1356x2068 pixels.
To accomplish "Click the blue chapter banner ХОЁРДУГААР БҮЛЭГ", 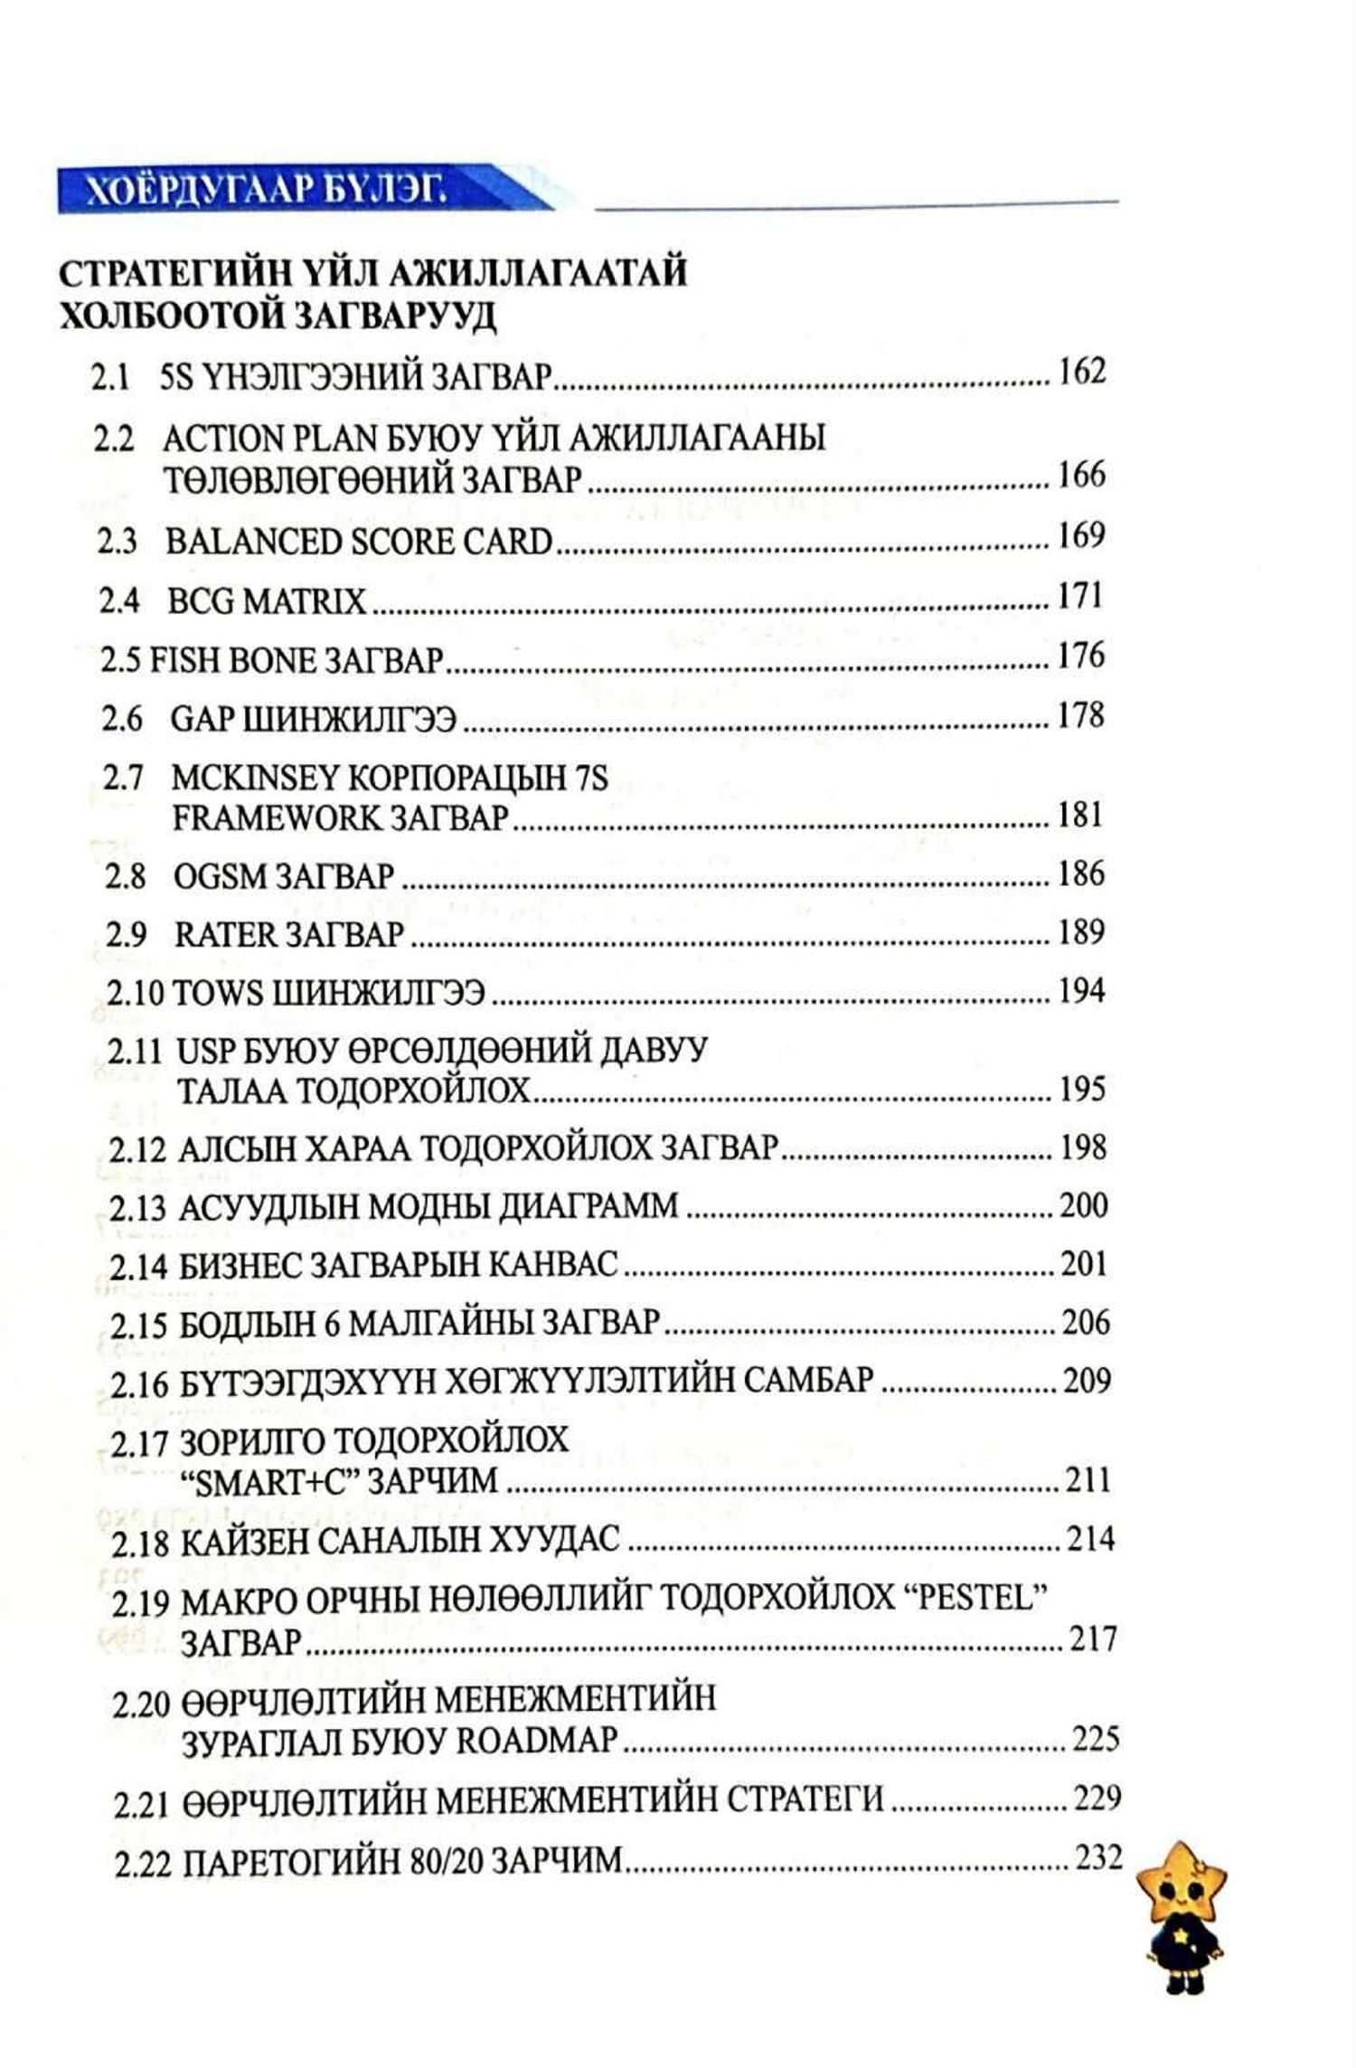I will tap(271, 191).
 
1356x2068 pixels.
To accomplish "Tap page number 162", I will tap(1081, 371).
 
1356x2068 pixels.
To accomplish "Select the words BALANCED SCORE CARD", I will tap(359, 541).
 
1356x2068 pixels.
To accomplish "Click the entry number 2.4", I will tap(119, 601).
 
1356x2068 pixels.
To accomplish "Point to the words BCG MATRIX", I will tap(267, 601).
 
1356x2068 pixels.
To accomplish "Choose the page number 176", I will tap(1081, 655).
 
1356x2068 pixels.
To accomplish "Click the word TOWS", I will tap(215, 993).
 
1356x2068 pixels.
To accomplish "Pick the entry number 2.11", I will tap(136, 1052).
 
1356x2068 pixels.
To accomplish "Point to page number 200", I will tap(1083, 1205).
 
